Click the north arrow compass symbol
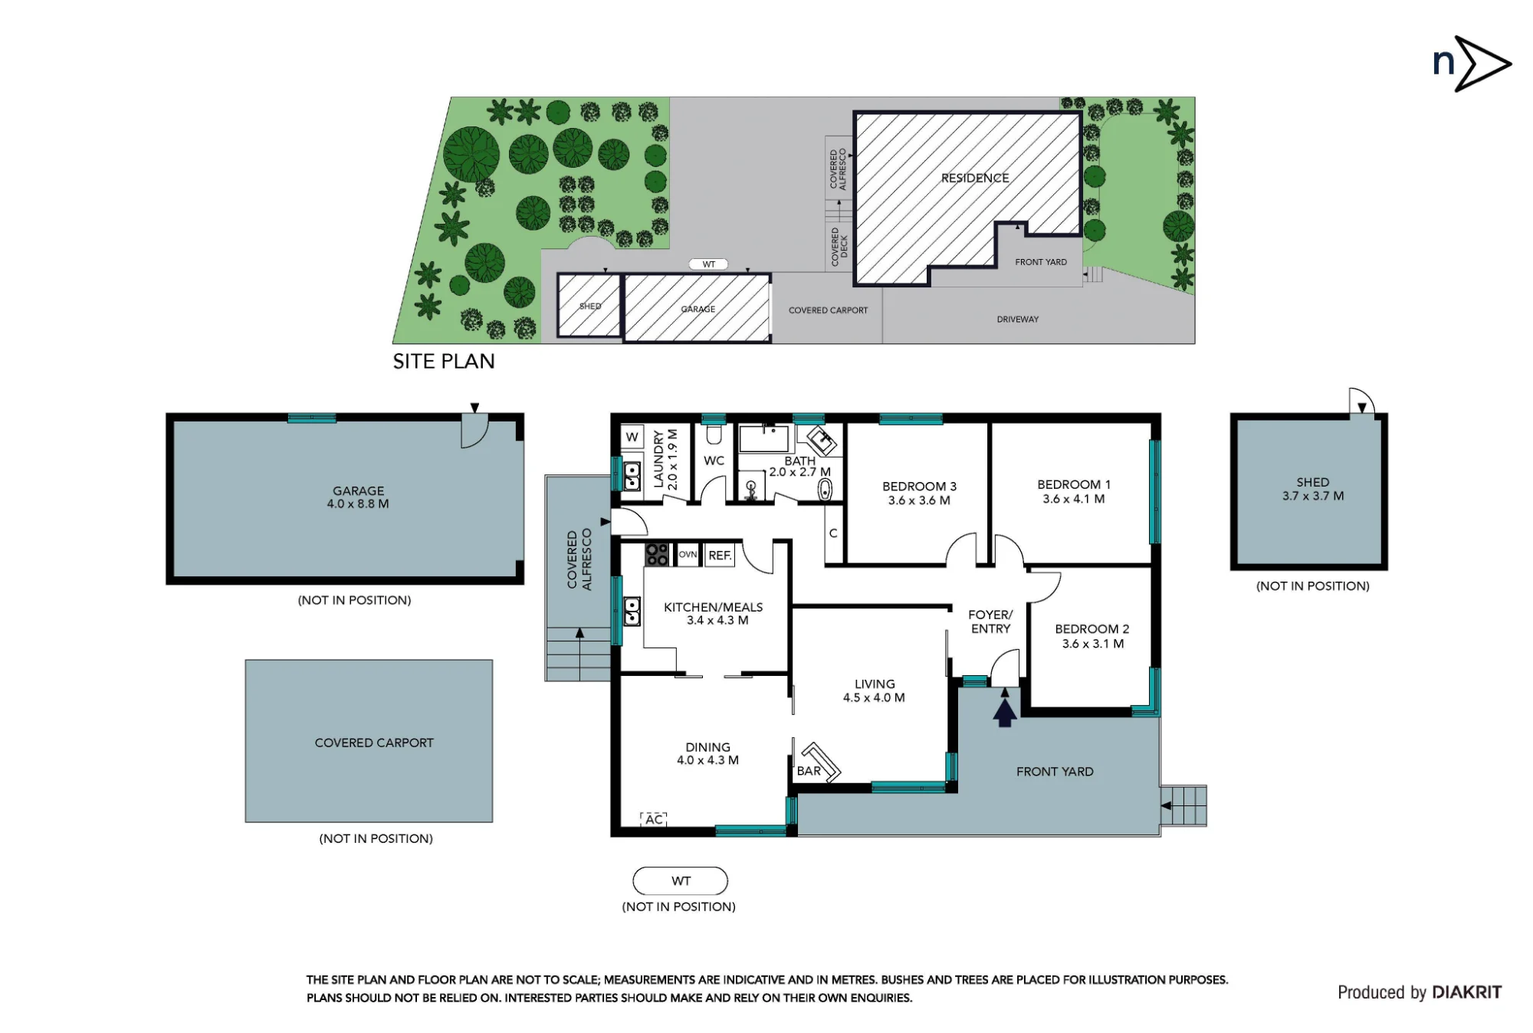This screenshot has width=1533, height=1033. pos(1472,64)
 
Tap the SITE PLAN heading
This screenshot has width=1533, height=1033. pos(444,361)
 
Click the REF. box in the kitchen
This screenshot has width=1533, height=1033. pos(720,556)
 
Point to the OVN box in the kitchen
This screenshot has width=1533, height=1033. pos(688,555)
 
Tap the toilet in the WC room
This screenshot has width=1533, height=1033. pos(714,435)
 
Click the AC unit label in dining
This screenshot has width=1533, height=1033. pos(654,819)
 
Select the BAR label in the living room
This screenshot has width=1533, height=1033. pos(809,771)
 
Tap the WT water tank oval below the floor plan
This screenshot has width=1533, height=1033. pos(681,881)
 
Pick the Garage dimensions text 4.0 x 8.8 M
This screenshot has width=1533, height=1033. pos(358,504)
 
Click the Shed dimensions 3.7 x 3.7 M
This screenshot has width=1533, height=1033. pos(1313,496)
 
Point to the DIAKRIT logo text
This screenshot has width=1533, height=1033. pos(1466,992)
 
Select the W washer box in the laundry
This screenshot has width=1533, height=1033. pos(632,437)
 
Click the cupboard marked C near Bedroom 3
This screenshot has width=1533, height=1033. pos(833,533)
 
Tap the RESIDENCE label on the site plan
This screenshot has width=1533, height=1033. pos(975,178)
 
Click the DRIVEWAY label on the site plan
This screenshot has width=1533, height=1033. pos(1018,319)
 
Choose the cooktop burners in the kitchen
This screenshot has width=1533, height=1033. pos(657,554)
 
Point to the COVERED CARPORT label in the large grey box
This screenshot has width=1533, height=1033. pos(374,743)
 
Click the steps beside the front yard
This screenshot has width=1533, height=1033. pos(1184,805)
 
